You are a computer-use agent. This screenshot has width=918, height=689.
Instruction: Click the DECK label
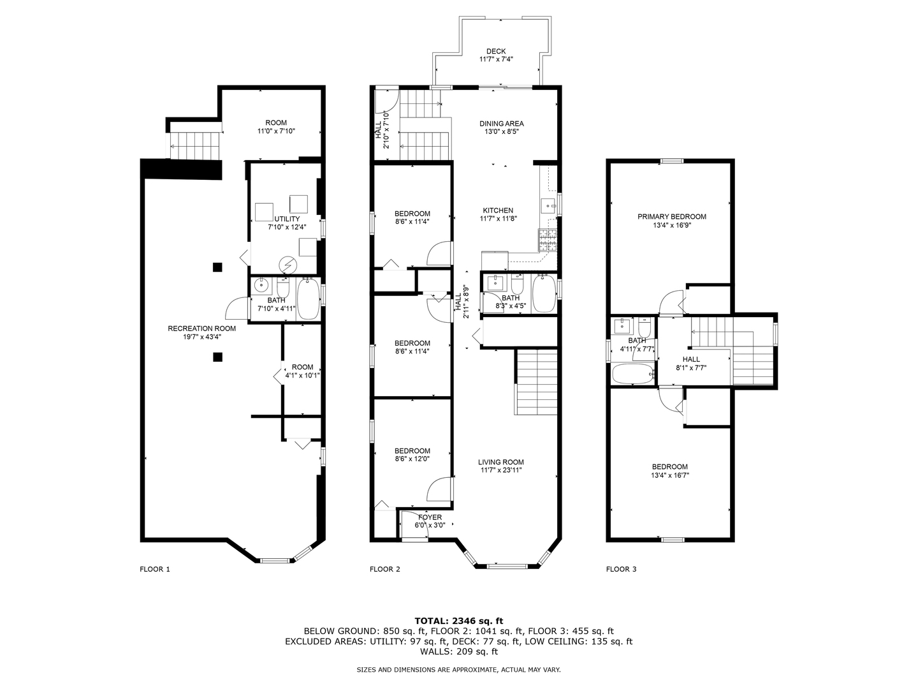coord(495,52)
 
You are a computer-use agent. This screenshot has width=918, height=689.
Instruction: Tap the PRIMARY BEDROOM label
coord(671,217)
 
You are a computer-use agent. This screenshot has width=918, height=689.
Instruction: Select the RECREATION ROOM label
coord(201,329)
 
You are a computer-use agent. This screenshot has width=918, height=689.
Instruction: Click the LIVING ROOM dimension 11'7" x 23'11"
coord(501,471)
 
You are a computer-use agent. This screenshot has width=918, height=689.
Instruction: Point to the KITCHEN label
coord(497,211)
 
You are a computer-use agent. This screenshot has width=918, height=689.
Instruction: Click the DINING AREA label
coord(501,124)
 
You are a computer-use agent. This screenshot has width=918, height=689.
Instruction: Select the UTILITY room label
coord(287,219)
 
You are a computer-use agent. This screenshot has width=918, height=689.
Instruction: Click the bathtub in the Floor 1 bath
coord(309,299)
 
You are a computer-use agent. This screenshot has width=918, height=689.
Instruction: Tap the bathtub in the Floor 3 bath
coord(633,374)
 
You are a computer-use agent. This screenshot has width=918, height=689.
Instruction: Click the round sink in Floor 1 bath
coord(260,286)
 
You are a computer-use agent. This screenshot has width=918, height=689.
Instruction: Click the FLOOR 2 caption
coord(385,569)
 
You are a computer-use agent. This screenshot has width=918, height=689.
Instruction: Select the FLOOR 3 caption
coord(621,569)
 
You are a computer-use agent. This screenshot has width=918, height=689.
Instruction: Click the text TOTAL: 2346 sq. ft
coord(458,620)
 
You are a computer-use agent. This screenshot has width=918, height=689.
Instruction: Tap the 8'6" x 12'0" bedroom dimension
coord(412,459)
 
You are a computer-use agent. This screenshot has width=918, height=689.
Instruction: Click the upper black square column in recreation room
coord(217,267)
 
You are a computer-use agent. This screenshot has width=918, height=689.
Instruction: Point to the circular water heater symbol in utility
coord(288,263)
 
